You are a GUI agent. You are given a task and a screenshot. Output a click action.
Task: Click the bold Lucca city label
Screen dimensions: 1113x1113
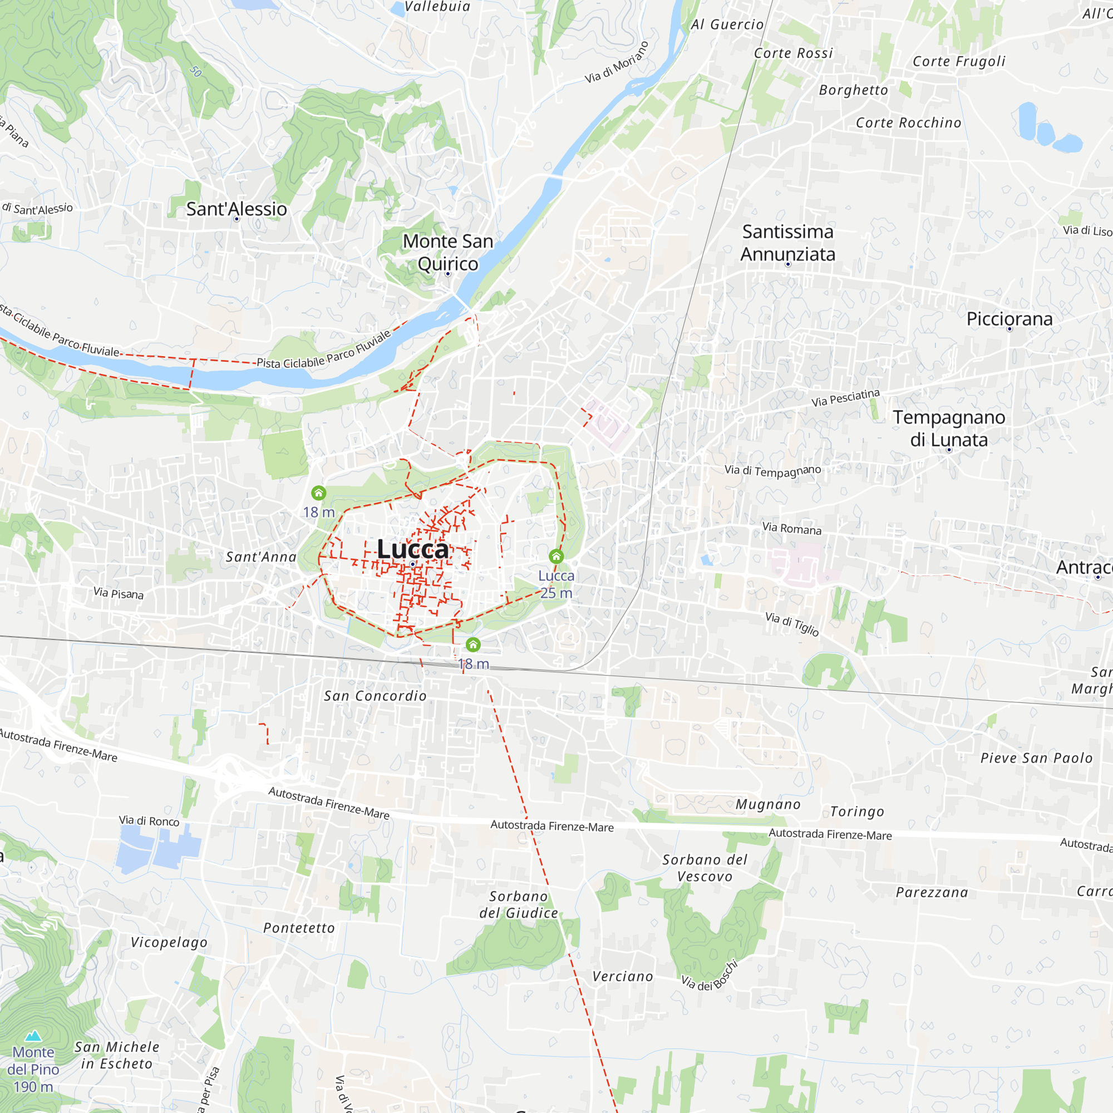point(412,549)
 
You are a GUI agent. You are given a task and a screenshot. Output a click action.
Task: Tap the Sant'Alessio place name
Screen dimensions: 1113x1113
point(236,209)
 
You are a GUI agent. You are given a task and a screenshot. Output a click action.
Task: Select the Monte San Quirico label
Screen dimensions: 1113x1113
point(447,252)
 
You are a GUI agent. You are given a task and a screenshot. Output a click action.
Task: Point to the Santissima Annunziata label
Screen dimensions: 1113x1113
point(787,243)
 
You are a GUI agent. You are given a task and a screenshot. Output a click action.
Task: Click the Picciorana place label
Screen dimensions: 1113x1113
point(1009,318)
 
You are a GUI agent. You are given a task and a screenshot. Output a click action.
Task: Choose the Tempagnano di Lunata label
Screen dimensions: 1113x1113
point(949,428)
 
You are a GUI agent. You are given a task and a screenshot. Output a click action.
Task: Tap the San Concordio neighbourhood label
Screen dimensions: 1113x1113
point(375,696)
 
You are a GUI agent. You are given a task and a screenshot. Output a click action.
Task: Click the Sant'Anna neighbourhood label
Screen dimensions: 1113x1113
point(261,557)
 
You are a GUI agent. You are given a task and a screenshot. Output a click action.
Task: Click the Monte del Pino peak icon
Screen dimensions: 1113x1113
point(33,1036)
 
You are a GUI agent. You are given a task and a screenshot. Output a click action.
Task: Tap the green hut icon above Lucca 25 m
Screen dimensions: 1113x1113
point(556,556)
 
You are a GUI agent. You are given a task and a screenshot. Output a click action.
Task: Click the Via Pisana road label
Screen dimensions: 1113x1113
point(119,593)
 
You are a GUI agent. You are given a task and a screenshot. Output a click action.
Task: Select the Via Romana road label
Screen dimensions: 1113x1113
point(791,528)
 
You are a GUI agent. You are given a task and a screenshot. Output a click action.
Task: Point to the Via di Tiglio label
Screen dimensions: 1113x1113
point(792,624)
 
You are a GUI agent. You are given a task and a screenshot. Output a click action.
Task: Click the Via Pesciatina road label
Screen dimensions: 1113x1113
point(845,397)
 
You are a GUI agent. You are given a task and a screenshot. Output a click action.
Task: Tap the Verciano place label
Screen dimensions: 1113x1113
point(623,977)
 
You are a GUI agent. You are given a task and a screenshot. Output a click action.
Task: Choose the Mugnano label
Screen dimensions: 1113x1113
point(768,805)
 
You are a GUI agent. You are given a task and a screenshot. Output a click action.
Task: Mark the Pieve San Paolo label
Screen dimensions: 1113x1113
point(1036,758)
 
